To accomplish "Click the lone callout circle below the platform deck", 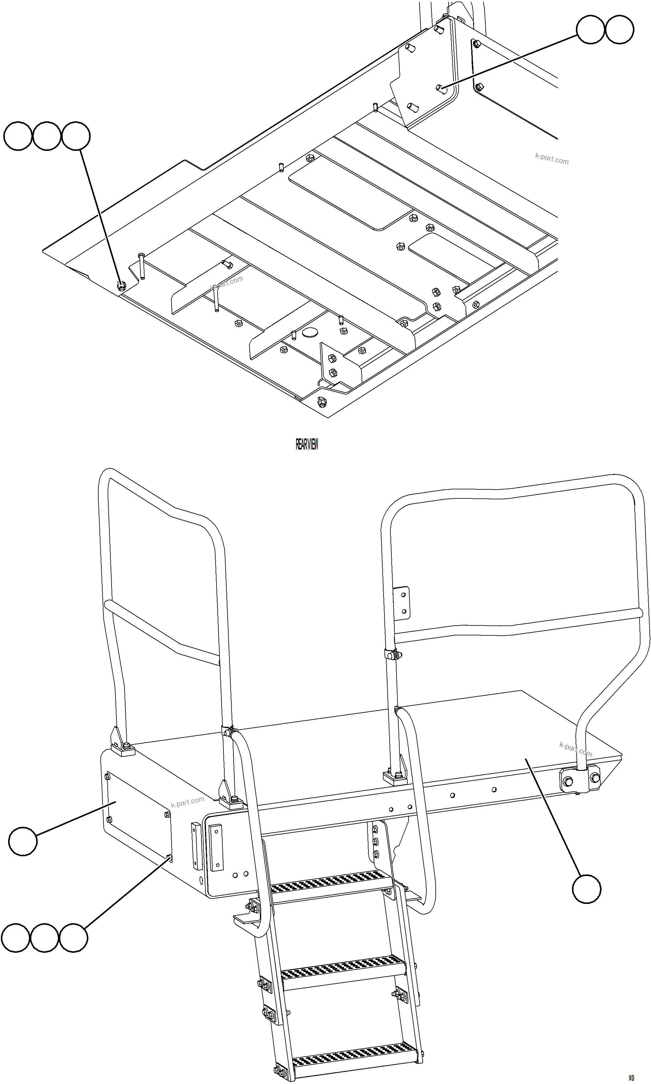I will click(x=586, y=889).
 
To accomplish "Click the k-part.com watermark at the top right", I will click(x=551, y=159).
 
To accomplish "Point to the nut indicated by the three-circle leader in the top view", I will click(x=122, y=287).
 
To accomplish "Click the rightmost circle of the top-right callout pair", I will click(x=619, y=29).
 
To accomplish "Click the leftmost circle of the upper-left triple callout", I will click(x=18, y=136).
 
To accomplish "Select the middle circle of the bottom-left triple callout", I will click(x=45, y=938).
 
